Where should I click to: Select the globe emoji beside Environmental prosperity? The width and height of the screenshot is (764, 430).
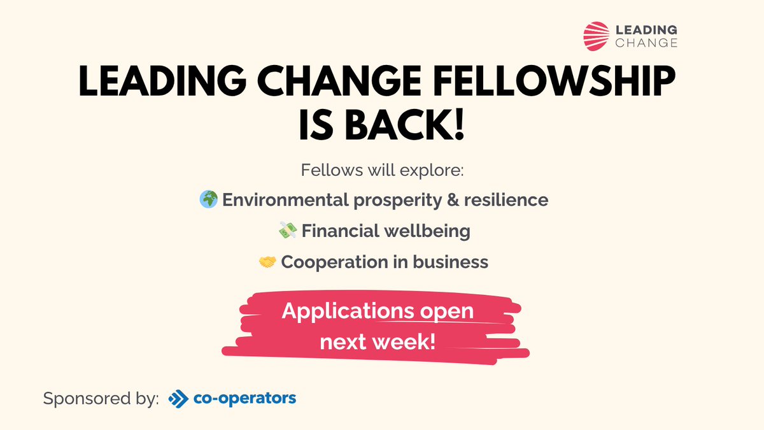pos(208,199)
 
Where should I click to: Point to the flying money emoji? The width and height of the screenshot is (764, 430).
pos(288,230)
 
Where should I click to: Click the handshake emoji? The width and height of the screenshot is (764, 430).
pos(267,261)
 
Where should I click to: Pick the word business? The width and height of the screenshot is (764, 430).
pos(457,261)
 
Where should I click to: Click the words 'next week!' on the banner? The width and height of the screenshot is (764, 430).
pos(378,341)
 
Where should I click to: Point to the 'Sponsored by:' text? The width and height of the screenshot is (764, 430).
pos(101,399)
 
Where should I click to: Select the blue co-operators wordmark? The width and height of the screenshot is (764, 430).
pos(244,399)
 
